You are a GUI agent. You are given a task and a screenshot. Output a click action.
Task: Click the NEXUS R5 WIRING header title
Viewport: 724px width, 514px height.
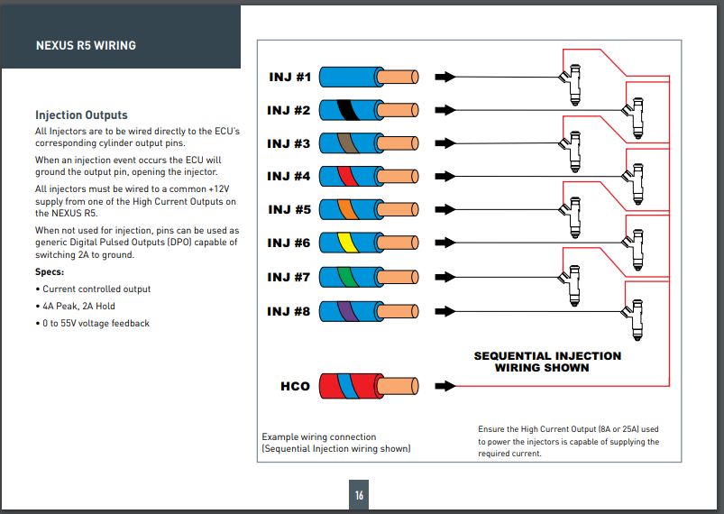tap(86, 44)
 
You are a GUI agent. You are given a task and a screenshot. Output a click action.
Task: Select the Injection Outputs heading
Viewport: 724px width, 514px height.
tap(81, 115)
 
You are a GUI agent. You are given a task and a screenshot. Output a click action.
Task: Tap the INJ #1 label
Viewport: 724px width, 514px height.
tap(289, 77)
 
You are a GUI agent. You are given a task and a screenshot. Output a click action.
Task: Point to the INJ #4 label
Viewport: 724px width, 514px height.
tap(289, 176)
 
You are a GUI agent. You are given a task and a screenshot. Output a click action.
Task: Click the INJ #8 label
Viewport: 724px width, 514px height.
tap(289, 311)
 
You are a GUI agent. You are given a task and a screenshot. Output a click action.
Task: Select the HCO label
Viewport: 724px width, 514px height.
tap(295, 386)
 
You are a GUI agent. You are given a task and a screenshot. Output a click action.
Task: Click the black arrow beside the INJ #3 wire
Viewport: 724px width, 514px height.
tap(445, 143)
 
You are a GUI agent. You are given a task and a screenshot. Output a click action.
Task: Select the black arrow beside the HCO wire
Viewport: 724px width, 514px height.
tap(445, 386)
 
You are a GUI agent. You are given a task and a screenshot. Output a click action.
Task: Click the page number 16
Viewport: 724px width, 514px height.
tap(359, 495)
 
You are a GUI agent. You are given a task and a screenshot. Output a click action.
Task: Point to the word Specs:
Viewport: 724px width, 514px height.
tap(50, 271)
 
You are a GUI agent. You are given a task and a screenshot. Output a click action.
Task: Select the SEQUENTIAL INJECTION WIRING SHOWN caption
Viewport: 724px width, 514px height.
tap(547, 362)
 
